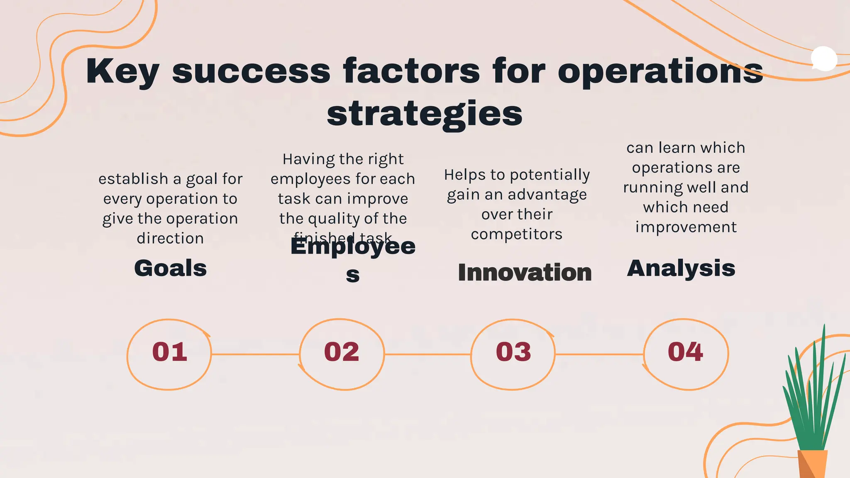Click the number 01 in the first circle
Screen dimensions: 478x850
click(170, 352)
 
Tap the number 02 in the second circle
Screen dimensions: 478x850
click(342, 352)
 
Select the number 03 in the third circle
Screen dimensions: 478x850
click(513, 352)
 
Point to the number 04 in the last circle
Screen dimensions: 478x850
click(685, 352)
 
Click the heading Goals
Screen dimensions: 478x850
click(171, 268)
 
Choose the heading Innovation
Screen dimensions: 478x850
click(525, 273)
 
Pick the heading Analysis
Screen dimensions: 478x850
click(681, 268)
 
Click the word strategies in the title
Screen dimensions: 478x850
click(425, 114)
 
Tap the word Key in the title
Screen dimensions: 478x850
click(122, 71)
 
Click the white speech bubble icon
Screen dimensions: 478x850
click(824, 59)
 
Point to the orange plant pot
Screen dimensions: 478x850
click(812, 464)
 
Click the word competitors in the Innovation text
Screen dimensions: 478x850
click(517, 234)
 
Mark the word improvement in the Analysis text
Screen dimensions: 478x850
click(686, 227)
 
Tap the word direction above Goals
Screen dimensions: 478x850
click(170, 239)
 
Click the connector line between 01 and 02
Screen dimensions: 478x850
click(255, 354)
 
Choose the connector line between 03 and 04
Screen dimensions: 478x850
click(599, 354)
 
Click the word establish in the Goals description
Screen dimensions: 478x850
click(133, 179)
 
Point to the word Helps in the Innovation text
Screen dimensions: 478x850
click(465, 175)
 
